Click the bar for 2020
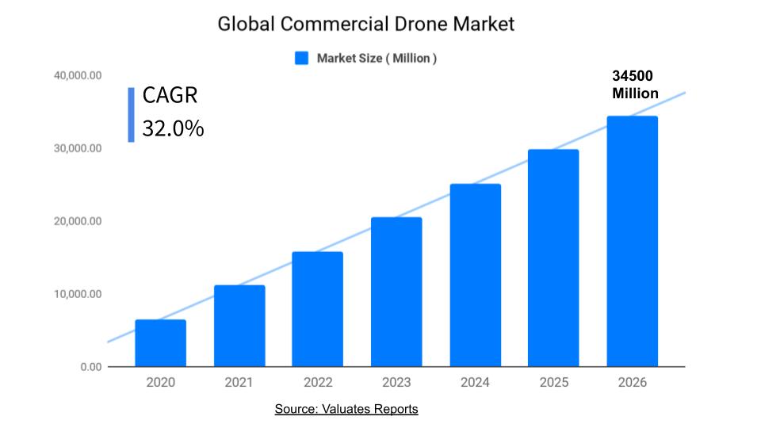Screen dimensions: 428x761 [160, 343]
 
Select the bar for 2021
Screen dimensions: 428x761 [239, 326]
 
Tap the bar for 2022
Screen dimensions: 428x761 [318, 309]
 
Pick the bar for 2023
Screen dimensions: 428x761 [396, 292]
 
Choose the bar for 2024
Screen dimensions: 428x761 [475, 275]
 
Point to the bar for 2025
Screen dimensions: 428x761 [553, 258]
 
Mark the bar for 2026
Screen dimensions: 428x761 [632, 242]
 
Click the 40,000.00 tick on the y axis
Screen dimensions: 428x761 [78, 75]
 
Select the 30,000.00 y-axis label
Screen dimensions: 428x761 [78, 148]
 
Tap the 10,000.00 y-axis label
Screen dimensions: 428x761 [78, 294]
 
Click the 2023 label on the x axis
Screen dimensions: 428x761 [396, 383]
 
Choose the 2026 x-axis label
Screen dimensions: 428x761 [632, 383]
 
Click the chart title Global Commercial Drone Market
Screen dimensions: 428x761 [366, 25]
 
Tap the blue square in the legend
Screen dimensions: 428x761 [301, 58]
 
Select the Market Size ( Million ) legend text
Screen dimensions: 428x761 [377, 58]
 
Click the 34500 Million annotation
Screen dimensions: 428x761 [634, 85]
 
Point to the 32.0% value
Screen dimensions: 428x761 [173, 128]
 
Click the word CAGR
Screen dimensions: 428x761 [170, 96]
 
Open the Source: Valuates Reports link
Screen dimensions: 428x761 [346, 409]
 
